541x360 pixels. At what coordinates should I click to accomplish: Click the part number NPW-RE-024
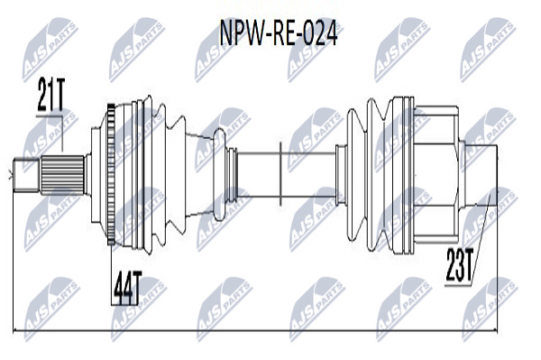(278, 34)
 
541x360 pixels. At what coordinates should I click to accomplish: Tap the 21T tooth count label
(50, 94)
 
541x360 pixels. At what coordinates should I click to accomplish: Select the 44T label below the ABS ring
(127, 288)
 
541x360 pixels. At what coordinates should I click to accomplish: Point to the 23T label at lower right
(459, 265)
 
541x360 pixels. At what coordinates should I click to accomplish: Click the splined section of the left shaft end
(63, 175)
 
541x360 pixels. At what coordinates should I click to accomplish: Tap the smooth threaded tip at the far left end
(26, 175)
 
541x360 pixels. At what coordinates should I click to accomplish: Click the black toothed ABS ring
(111, 174)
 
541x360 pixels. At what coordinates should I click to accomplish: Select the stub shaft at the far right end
(481, 175)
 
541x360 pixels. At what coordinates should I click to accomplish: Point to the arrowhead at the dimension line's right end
(495, 331)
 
